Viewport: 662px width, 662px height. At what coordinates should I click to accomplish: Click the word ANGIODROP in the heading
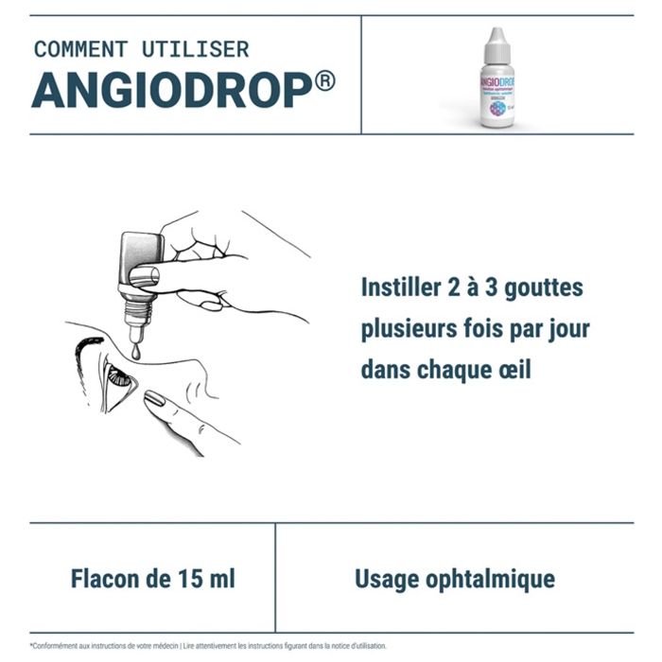[x=170, y=90]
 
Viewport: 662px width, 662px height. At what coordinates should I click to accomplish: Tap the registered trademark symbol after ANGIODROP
[x=323, y=82]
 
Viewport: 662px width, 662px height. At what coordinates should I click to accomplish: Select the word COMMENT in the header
[x=79, y=49]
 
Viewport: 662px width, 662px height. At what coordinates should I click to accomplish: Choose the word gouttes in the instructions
[x=542, y=287]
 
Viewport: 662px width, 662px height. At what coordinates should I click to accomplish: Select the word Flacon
[x=104, y=578]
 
